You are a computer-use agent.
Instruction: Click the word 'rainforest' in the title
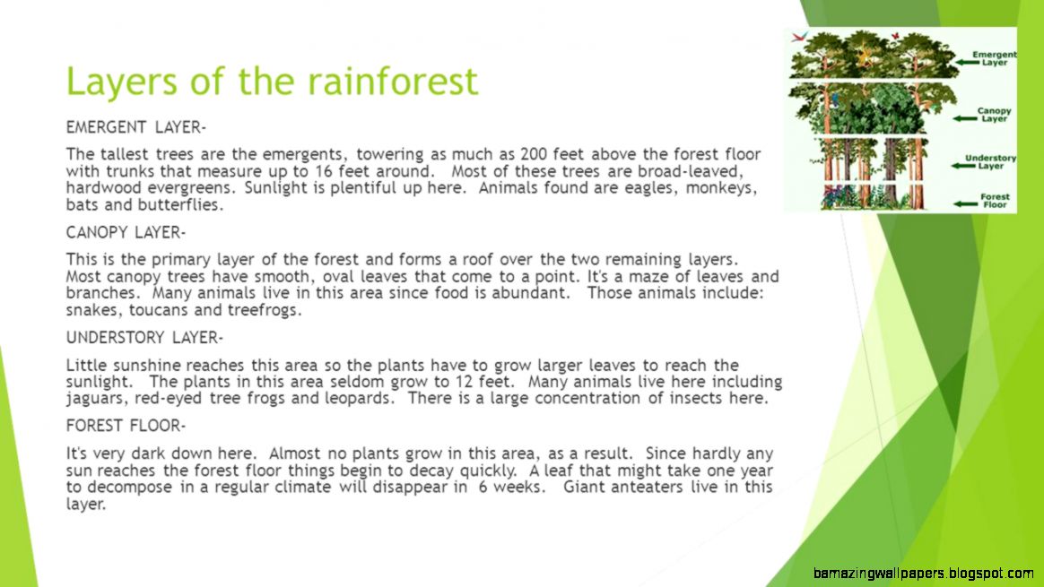[392, 82]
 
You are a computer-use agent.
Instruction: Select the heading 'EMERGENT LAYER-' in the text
[136, 127]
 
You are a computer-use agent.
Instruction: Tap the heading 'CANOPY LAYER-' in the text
[126, 232]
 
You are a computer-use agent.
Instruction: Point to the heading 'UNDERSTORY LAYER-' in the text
[144, 338]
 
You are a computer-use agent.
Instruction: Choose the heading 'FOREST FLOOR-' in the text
[126, 425]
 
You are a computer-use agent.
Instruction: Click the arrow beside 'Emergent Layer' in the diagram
[959, 61]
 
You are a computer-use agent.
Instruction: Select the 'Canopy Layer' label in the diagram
[995, 115]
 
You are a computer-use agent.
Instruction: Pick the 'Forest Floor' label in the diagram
[995, 201]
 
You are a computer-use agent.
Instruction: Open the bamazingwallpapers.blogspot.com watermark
[923, 574]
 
